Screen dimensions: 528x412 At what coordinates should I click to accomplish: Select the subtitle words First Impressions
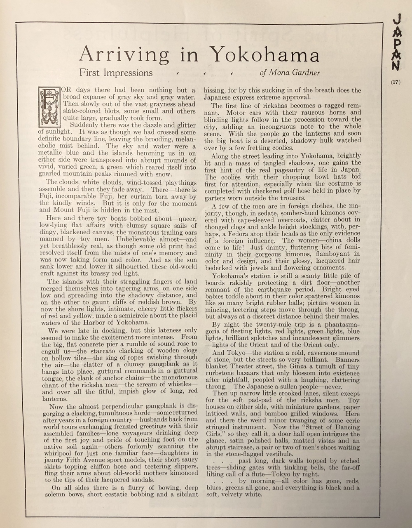(x=116, y=73)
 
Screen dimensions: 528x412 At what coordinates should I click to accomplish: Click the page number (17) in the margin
(x=395, y=82)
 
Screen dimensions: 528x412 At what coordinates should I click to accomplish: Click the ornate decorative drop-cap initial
(x=49, y=107)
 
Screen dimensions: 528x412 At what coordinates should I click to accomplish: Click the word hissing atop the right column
(x=215, y=90)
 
